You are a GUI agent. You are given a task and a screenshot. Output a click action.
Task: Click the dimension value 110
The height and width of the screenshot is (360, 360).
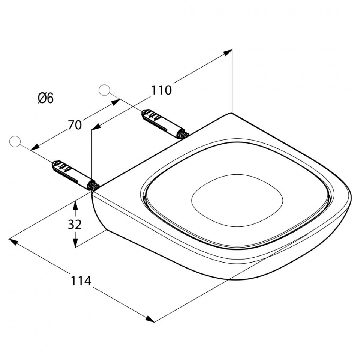[161, 90]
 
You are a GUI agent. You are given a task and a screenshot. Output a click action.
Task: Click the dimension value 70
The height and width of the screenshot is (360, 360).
[75, 125]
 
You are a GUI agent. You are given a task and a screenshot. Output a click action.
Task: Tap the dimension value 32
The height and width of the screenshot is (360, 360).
[75, 225]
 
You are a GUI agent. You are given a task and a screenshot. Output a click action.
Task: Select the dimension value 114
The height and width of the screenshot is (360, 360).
[81, 280]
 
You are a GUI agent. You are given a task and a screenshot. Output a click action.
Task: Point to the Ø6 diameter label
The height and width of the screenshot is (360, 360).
[46, 98]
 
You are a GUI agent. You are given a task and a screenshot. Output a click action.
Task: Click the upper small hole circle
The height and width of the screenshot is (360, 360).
[104, 90]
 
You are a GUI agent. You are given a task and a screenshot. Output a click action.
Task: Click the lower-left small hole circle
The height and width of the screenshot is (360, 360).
[15, 141]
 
